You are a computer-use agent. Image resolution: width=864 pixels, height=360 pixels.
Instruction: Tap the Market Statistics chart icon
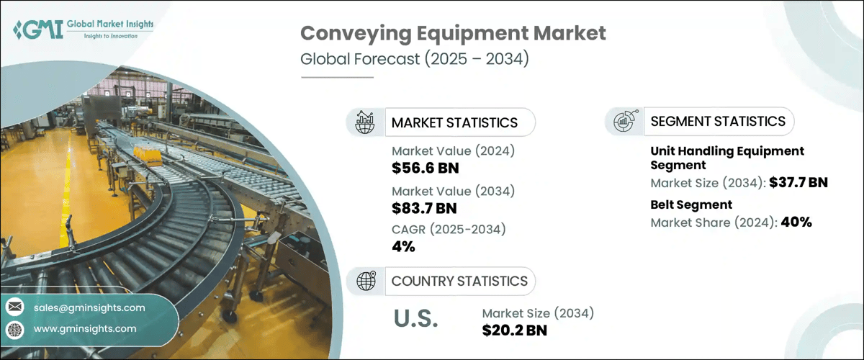click(x=366, y=122)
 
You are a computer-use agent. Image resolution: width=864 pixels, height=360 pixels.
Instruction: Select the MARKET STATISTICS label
click(x=454, y=122)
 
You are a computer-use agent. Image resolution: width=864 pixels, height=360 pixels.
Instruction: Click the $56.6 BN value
click(x=426, y=168)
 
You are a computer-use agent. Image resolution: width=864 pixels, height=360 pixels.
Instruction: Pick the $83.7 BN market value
click(x=425, y=209)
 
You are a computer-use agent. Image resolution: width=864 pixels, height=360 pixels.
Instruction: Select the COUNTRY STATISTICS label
click(x=459, y=281)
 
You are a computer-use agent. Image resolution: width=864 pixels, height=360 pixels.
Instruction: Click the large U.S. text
click(x=415, y=319)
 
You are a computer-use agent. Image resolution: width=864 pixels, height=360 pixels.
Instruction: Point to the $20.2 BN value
click(x=514, y=330)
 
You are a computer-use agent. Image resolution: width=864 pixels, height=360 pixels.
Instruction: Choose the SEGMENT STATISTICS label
click(x=718, y=122)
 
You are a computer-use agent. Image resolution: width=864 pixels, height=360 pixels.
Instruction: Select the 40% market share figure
click(x=796, y=222)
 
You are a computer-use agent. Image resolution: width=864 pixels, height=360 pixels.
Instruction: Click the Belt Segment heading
click(x=691, y=204)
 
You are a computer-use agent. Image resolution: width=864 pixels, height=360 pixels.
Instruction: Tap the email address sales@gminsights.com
click(x=89, y=307)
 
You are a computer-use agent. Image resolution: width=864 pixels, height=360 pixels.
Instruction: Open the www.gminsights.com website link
click(x=85, y=329)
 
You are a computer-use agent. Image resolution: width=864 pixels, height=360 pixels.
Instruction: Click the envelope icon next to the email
click(x=15, y=307)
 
